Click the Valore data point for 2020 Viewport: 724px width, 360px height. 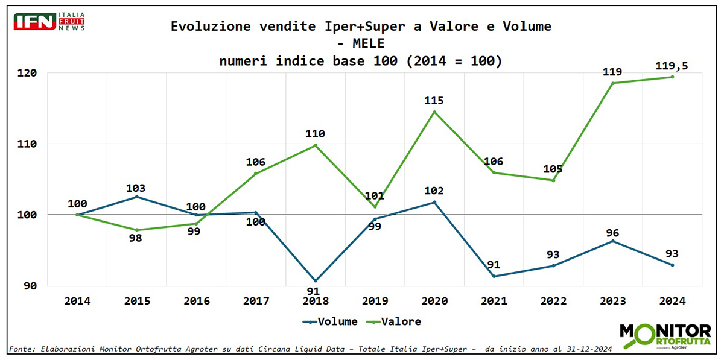tap(434, 112)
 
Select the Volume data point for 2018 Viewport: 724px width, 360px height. tap(316, 281)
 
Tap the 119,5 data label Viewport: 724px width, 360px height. tap(672, 65)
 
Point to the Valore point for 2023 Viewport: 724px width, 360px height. tap(613, 83)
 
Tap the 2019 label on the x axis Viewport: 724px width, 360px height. tap(375, 300)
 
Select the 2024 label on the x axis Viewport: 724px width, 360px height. tap(672, 300)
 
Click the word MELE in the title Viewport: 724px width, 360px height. tap(361, 43)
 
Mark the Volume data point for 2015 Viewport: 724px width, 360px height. tap(137, 197)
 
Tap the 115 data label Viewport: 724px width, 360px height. tap(434, 100)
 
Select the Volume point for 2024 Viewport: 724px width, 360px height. tap(672, 265)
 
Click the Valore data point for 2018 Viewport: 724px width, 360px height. tap(316, 145)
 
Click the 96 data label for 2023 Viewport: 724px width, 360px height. tap(613, 233)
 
